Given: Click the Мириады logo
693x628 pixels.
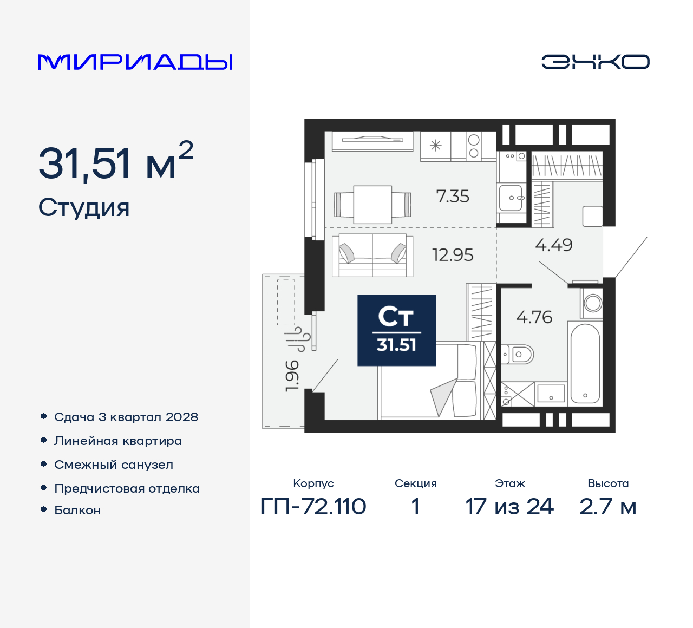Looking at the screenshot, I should pos(135,62).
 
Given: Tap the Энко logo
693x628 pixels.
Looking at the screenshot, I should pos(595,62).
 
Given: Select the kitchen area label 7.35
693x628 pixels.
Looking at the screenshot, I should pos(453,196).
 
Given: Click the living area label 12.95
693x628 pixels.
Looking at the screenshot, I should pos(453,254).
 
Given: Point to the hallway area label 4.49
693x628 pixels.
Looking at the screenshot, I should pos(553,245).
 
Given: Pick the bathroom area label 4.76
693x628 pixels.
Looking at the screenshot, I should pos(534,317).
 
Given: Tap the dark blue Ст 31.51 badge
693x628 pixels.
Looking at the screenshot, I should pos(396,330).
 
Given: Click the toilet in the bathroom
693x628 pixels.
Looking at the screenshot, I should pos(518,355).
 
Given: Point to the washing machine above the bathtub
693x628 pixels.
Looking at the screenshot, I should pos(592,303).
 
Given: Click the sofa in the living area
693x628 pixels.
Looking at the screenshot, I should pos(372,255).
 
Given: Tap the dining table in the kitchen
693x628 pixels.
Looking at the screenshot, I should pos(372,204).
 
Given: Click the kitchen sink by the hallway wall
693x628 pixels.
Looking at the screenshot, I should pos(511,198).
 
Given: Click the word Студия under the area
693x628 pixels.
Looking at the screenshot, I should pos(84,207).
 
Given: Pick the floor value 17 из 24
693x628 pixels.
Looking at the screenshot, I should pos(509,507).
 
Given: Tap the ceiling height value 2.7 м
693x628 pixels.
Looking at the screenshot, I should pos(607,507).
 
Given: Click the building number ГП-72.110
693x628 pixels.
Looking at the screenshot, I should pos(313,507).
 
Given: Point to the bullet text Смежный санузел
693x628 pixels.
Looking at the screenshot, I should pos(114,465).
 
